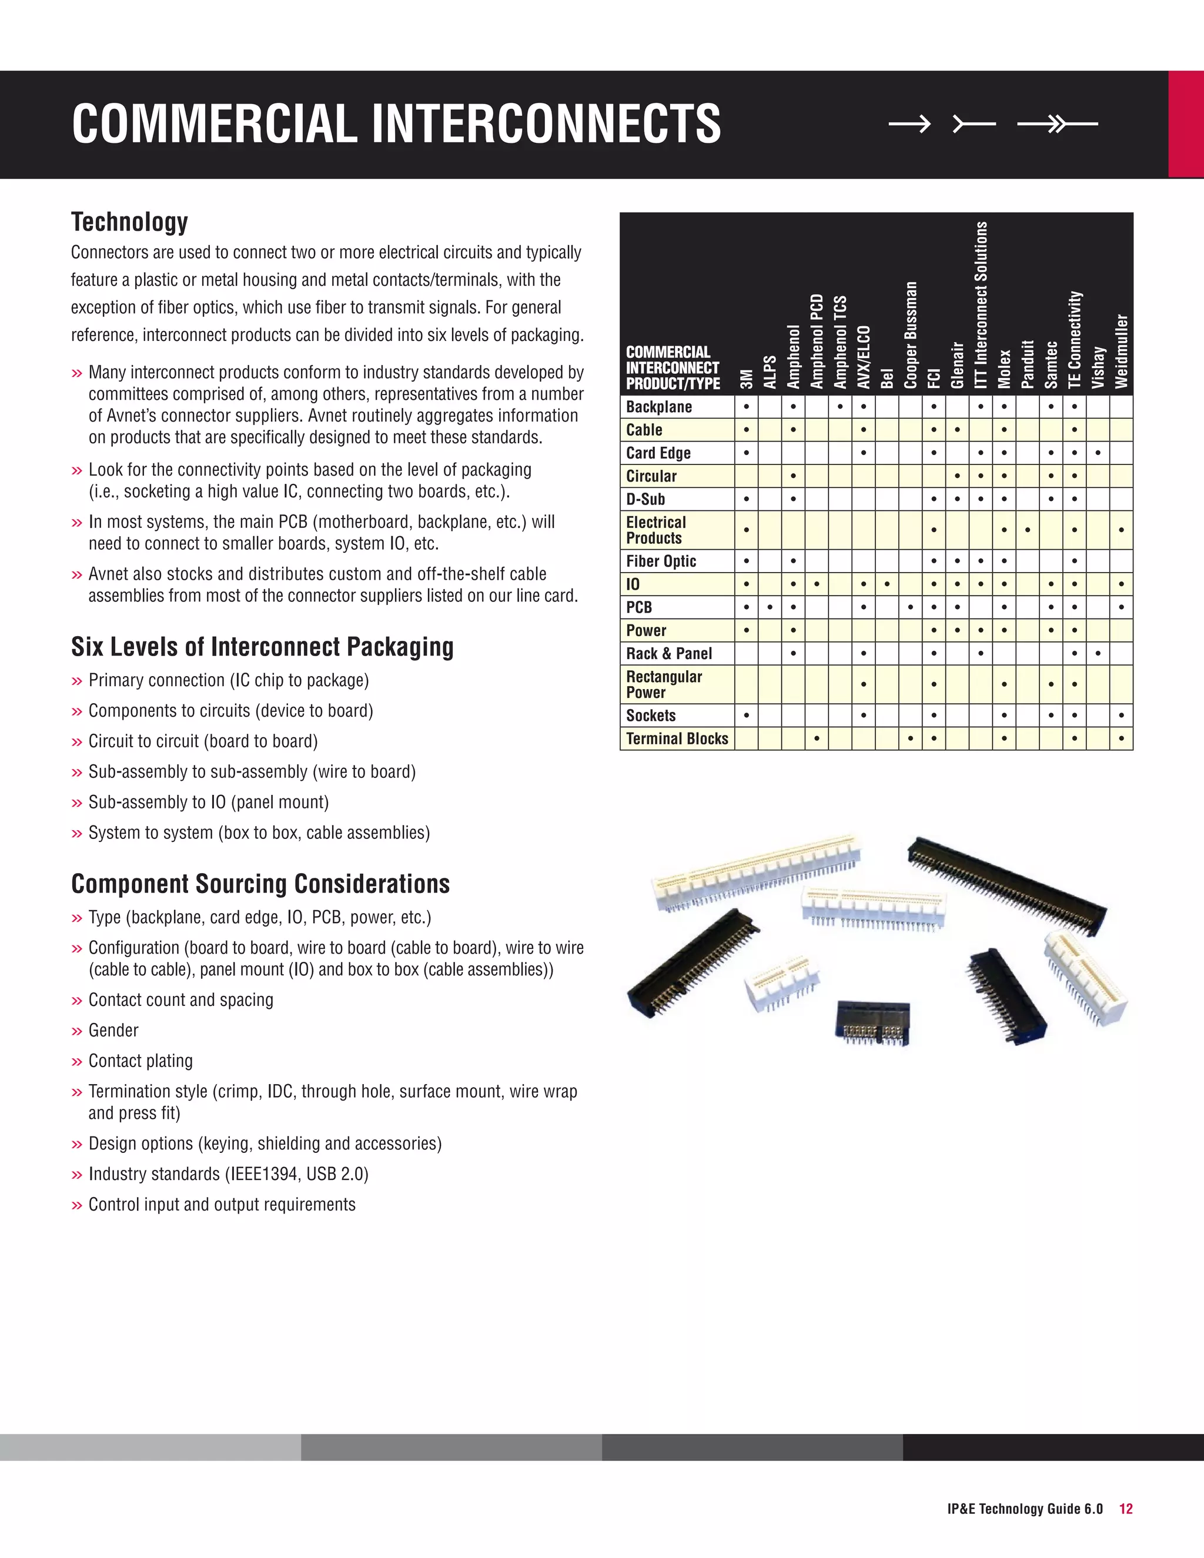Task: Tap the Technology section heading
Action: point(129,222)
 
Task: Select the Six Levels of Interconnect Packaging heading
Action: point(262,647)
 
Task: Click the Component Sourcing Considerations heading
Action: point(260,884)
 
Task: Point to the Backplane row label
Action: point(658,407)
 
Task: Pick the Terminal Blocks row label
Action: point(677,738)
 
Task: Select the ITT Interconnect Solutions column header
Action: point(981,305)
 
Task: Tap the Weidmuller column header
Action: point(1121,351)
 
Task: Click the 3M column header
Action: point(746,379)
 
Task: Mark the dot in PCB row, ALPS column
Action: point(770,608)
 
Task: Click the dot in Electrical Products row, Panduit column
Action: point(1027,530)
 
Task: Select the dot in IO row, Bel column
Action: point(887,584)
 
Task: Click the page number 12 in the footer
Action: point(1126,1509)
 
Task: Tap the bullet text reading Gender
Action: point(113,1030)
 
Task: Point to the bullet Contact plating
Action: point(141,1061)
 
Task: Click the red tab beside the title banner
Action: point(1185,124)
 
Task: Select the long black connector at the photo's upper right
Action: point(1006,885)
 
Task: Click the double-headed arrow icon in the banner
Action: point(1057,124)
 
